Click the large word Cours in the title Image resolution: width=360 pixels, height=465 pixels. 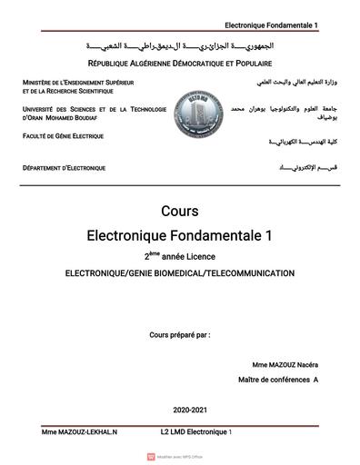click(179, 212)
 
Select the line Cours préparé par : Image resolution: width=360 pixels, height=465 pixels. click(179, 335)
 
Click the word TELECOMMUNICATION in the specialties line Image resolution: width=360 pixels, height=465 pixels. click(248, 272)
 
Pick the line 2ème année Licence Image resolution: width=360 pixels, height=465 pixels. click(179, 256)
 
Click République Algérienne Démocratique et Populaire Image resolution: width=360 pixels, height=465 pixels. click(179, 64)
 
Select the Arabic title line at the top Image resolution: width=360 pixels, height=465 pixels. click(179, 45)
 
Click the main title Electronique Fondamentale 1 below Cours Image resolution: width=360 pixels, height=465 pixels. click(179, 235)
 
